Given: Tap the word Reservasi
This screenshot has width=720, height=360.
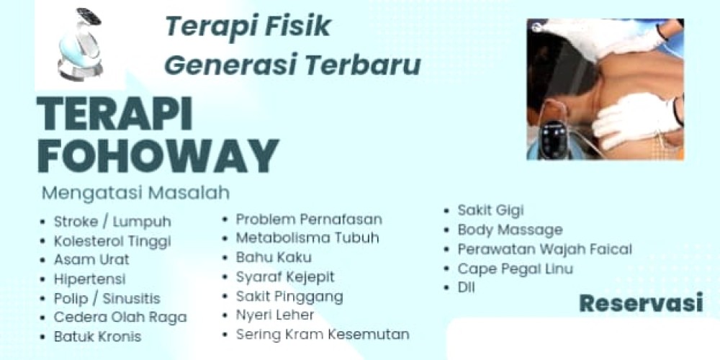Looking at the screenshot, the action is point(641,303).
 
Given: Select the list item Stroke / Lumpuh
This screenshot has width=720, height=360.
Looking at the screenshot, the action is point(112,222).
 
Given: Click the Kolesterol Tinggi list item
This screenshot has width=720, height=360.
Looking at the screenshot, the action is point(112,241).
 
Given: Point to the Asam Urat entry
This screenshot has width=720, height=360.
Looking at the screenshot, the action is point(92,259).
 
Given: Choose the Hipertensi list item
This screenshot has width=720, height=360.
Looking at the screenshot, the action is point(89,279).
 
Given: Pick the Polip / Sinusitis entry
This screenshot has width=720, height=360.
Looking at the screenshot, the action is point(107,299).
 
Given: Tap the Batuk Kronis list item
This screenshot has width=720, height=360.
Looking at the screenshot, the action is point(97,336).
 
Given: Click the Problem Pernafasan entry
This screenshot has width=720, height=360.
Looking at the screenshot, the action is point(309,220).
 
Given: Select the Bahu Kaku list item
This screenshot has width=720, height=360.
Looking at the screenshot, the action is point(274,257).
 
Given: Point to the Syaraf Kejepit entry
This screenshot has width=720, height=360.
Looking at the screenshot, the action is point(285,277).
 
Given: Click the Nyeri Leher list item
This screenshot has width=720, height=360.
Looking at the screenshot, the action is point(275,315).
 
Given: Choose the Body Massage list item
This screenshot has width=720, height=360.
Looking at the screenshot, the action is point(510,230).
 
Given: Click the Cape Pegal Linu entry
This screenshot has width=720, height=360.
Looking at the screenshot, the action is point(516,269).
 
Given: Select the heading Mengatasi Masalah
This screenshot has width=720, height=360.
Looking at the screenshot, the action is point(135,193).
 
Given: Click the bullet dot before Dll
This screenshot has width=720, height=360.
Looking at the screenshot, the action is point(446,289).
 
